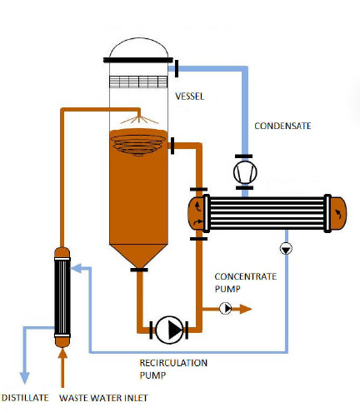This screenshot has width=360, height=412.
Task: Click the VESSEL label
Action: [x=190, y=97]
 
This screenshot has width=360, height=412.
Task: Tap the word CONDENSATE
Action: [x=282, y=126]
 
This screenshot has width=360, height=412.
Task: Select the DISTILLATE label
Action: [x=25, y=398]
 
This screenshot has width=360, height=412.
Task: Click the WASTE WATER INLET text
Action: [x=103, y=398]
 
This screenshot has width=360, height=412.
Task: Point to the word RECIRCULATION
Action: [x=173, y=363]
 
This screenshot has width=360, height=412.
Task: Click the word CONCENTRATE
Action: [x=246, y=276]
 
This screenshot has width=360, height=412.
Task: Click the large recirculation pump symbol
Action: [x=169, y=330]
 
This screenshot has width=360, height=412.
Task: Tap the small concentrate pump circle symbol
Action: [x=226, y=308]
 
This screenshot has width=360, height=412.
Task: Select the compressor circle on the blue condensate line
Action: [x=245, y=172]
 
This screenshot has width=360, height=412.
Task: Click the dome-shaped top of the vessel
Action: [x=138, y=47]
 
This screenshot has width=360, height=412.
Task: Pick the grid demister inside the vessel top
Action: [x=138, y=82]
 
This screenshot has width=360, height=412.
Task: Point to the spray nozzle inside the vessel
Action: [x=139, y=119]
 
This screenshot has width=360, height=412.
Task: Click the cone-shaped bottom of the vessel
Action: [x=138, y=256]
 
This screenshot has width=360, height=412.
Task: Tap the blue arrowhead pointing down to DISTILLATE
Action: [x=25, y=378]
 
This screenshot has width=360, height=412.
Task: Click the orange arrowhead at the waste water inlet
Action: [x=62, y=353]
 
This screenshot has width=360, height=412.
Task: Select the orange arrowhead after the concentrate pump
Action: [x=246, y=309]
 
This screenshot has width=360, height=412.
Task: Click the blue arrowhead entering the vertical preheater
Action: [x=76, y=269]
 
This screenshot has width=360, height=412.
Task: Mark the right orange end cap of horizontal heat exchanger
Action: [x=338, y=214]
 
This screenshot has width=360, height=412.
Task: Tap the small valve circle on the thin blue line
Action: [x=286, y=248]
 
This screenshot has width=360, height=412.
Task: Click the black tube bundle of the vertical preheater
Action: [x=62, y=297]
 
